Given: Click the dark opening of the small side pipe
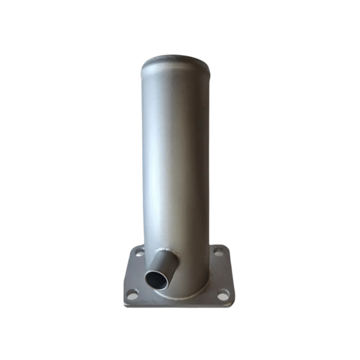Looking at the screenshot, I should coord(156,280).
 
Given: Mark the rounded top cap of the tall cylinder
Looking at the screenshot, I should coord(175,60).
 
